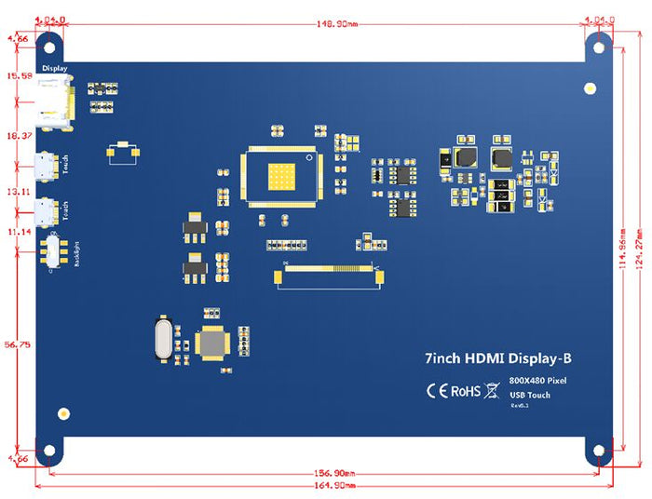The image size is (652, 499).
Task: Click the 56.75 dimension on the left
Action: tap(17, 344)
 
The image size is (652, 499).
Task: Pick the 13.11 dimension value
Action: tap(18, 190)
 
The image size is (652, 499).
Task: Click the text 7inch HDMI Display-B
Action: tap(495, 358)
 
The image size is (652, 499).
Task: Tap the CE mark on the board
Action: tap(438, 390)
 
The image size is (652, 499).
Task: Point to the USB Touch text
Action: tap(530, 395)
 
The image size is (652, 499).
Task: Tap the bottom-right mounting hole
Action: tap(599, 452)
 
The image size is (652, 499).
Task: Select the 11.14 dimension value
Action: tap(18, 231)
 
